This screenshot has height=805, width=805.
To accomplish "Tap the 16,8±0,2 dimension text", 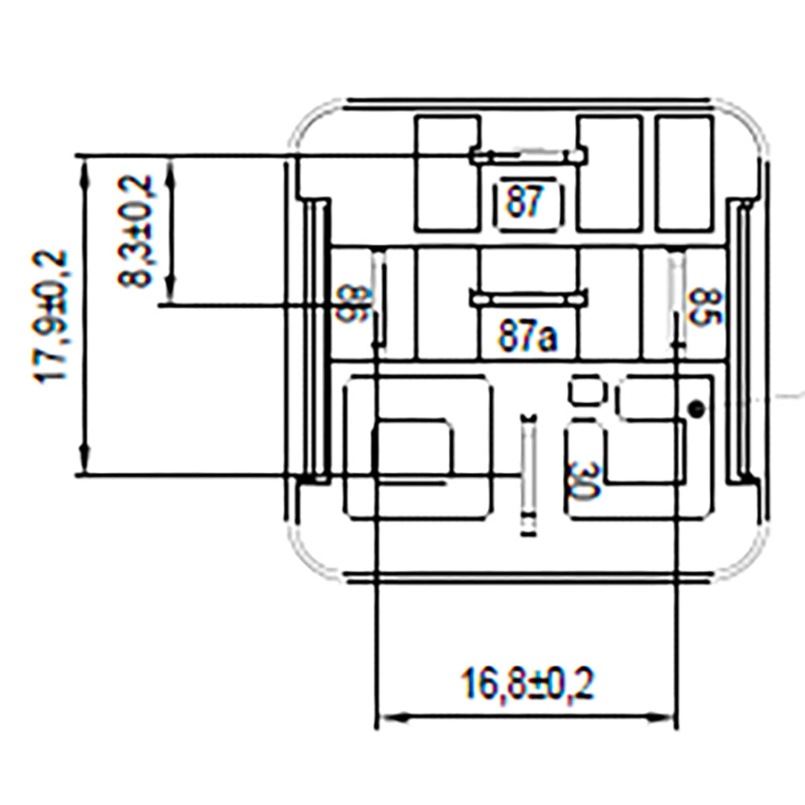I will (x=527, y=686).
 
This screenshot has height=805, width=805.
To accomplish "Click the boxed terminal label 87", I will (x=526, y=201).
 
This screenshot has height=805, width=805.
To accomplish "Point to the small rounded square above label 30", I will (x=587, y=391).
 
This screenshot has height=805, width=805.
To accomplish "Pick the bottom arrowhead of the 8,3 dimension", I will (x=170, y=296).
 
